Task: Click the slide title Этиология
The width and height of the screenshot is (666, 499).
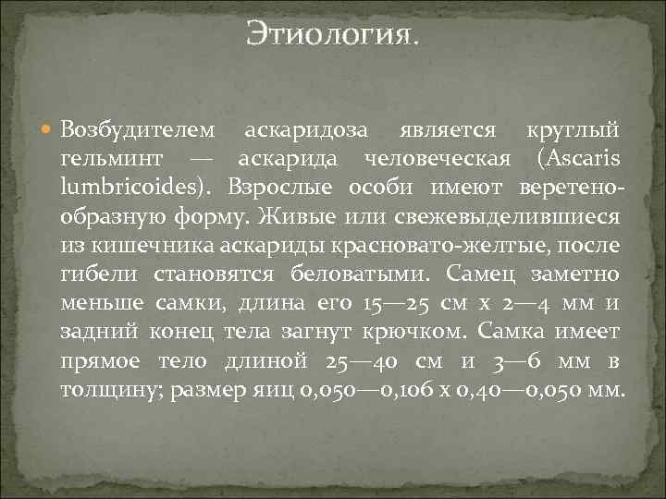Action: click(x=332, y=36)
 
